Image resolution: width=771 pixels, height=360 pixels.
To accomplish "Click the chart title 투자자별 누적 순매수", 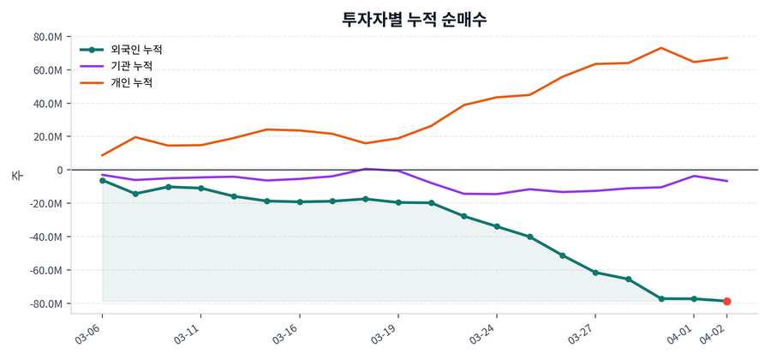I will point(414,20).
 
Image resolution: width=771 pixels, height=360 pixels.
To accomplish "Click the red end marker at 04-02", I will point(726,302).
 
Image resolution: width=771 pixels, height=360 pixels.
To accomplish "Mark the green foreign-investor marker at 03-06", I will point(102,181).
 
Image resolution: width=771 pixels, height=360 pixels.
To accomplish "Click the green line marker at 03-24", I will point(497,226).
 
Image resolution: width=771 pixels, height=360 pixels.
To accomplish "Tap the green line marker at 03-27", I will point(595,273).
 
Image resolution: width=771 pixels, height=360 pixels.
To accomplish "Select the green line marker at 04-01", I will point(694,299).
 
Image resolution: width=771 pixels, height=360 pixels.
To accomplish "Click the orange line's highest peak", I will point(660,48).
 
